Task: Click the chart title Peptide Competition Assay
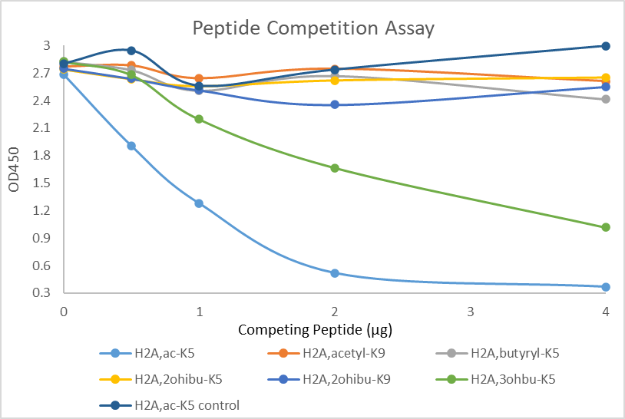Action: pos(312,29)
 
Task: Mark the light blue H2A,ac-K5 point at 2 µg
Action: pos(335,273)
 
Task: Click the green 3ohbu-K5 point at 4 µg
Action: pos(606,227)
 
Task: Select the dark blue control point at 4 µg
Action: pos(606,46)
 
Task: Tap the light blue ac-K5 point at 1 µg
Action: pos(199,203)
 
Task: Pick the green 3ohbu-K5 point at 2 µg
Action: pos(335,168)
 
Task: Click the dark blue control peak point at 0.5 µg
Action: pos(131,51)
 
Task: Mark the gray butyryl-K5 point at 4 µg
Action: pos(606,99)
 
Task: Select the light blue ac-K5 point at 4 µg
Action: pos(606,287)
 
